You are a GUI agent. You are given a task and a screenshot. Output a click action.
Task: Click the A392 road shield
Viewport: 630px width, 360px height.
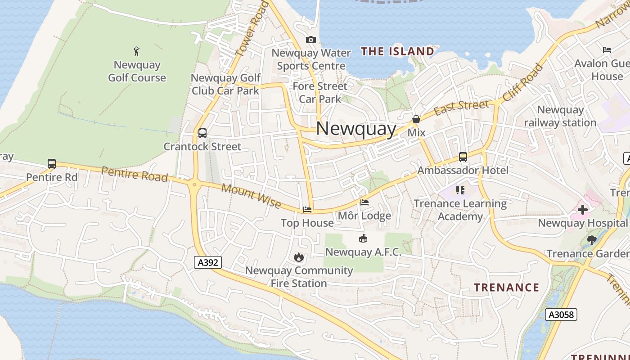tap(208, 262)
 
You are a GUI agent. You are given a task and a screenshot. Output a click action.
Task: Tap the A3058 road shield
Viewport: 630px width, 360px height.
tap(561, 315)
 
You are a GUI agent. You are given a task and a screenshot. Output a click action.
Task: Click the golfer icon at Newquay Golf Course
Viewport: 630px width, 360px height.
tap(137, 51)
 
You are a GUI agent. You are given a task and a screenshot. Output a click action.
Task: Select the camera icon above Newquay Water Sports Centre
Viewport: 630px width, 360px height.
tap(310, 40)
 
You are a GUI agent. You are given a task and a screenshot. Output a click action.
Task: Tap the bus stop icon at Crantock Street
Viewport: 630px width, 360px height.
tap(202, 133)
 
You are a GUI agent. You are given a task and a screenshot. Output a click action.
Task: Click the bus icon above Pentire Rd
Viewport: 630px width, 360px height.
tap(52, 164)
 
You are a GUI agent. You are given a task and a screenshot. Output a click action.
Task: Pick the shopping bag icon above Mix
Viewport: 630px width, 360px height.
tap(416, 120)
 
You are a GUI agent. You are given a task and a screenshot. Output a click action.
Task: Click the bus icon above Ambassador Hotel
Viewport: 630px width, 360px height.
tap(463, 157)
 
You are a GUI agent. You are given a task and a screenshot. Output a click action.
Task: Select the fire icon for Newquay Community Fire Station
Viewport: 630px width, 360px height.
tap(298, 257)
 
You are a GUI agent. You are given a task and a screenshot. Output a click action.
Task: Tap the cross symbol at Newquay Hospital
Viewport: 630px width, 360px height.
tap(583, 210)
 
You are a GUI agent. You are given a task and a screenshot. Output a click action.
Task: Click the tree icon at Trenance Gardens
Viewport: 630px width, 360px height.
tap(592, 240)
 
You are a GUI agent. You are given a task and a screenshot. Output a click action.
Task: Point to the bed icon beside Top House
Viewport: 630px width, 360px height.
tap(307, 210)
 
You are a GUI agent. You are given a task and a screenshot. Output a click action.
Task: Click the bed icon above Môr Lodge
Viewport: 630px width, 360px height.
tap(364, 202)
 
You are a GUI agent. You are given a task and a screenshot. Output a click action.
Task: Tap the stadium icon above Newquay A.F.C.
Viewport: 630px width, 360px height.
tap(363, 238)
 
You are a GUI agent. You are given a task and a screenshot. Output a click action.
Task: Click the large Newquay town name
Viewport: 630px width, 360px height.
tap(356, 129)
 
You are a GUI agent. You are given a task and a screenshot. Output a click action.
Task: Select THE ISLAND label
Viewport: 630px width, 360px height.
tap(397, 51)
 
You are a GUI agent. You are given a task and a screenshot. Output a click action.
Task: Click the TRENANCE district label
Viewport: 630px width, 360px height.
tap(506, 288)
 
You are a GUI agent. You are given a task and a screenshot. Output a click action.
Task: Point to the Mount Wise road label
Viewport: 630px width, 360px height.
tap(251, 197)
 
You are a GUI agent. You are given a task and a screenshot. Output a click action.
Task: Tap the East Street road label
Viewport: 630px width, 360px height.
tap(461, 108)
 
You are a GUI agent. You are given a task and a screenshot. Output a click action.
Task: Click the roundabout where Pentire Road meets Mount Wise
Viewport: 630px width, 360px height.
tap(195, 184)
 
